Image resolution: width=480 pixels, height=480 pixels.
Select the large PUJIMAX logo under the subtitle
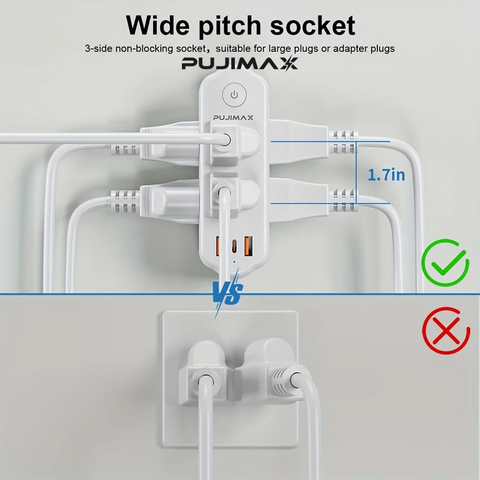click(x=239, y=64)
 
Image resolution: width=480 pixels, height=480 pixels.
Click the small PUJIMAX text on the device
click(x=233, y=118)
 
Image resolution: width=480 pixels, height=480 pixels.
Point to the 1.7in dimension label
click(x=386, y=175)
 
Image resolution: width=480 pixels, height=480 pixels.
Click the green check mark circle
click(x=445, y=263)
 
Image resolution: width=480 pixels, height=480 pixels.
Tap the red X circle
click(x=446, y=331)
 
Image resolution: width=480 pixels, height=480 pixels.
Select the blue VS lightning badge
click(x=228, y=294)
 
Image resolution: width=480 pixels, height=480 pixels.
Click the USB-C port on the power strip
click(x=234, y=246)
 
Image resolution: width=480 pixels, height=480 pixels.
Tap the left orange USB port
click(x=218, y=246)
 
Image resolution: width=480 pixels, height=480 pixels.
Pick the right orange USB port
click(x=248, y=246)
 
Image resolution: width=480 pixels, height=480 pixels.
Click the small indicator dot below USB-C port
click(x=234, y=262)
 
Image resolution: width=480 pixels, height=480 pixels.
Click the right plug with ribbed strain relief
click(x=271, y=372)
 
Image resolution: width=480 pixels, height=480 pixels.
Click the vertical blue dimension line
click(x=356, y=172)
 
